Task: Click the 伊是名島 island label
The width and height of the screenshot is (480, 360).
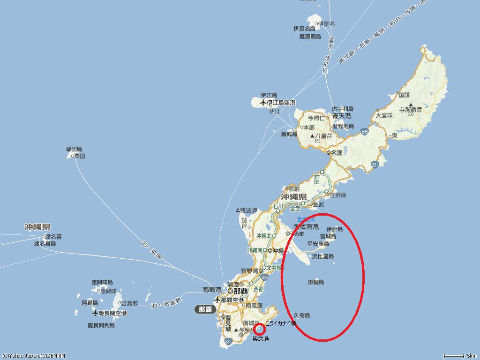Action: [304, 29]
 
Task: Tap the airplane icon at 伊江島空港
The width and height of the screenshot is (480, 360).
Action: [262, 103]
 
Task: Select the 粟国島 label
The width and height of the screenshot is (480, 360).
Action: [74, 150]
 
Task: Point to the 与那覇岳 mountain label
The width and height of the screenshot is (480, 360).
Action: [410, 109]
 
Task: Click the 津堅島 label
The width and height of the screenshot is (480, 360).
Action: [315, 282]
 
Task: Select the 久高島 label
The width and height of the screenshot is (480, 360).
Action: [301, 315]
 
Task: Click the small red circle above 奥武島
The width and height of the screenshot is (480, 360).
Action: [260, 329]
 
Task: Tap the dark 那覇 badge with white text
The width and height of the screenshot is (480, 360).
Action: [205, 309]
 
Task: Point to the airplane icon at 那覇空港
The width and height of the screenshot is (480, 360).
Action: [217, 300]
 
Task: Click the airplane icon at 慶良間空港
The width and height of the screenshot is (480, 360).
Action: [95, 313]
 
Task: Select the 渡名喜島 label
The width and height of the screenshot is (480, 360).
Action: [45, 244]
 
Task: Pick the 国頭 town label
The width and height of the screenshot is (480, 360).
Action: [404, 94]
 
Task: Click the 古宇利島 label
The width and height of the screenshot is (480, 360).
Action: [342, 109]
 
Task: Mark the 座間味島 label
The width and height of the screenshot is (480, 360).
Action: [102, 283]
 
